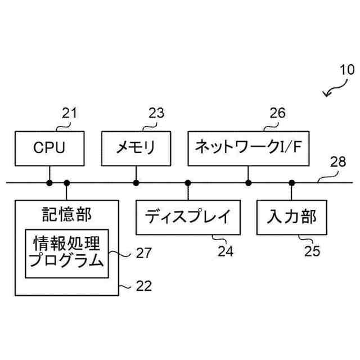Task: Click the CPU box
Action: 49,148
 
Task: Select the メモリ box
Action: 136,148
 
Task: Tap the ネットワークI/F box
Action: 248,148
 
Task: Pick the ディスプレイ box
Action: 188,217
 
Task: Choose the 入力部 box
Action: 291,217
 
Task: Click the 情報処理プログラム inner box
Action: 67,253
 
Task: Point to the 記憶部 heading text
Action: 67,214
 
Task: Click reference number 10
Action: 346,71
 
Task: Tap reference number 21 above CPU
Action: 69,114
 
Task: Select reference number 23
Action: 156,114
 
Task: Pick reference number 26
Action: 277,114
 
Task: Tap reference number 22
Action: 144,286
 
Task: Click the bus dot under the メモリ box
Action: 136,182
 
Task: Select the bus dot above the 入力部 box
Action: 291,182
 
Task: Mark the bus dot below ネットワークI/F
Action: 248,182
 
